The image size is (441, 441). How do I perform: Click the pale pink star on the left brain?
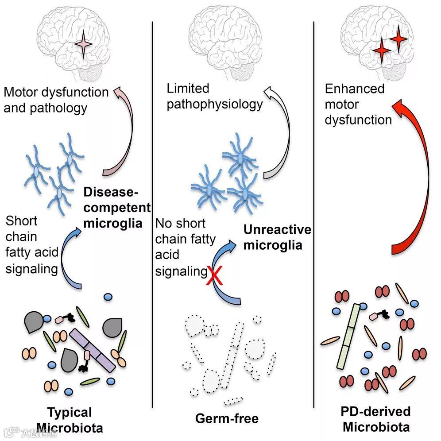(84, 45)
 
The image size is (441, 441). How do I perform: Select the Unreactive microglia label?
(277, 237)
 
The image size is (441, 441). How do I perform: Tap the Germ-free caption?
(227, 418)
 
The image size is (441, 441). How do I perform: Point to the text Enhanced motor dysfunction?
(358, 104)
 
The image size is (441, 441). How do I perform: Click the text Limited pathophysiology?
(214, 97)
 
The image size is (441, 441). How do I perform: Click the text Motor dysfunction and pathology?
(56, 100)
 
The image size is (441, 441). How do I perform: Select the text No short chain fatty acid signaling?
(185, 247)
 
